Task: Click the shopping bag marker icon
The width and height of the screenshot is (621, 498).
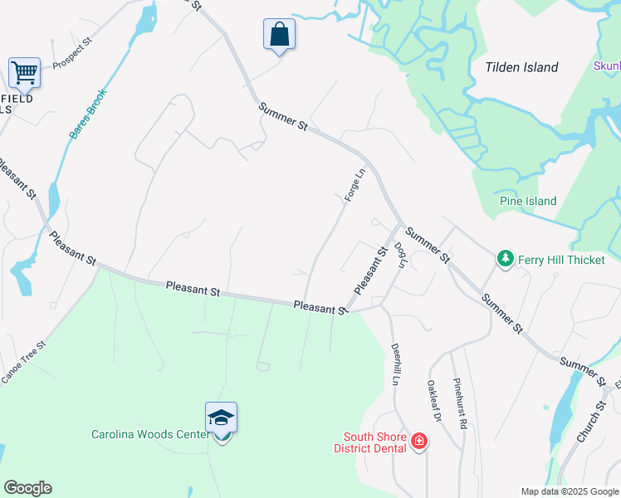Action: click(280, 35)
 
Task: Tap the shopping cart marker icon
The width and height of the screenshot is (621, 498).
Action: click(24, 72)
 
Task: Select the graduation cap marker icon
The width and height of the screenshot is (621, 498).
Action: click(222, 417)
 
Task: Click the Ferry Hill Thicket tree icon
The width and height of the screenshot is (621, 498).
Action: click(505, 260)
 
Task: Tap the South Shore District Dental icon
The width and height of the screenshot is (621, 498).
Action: click(419, 441)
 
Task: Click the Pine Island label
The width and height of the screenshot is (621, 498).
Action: click(528, 201)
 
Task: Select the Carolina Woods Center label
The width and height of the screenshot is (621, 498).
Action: click(150, 434)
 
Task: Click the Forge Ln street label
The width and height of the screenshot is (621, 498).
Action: click(355, 184)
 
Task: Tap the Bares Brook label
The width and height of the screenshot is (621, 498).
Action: click(87, 114)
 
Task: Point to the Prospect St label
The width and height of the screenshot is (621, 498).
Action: click(70, 55)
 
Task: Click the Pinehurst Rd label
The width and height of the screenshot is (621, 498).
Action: click(460, 403)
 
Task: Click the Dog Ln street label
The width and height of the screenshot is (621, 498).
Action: click(401, 255)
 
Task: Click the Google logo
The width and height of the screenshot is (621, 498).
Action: click(27, 488)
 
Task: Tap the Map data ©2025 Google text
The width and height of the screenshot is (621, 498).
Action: click(570, 491)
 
